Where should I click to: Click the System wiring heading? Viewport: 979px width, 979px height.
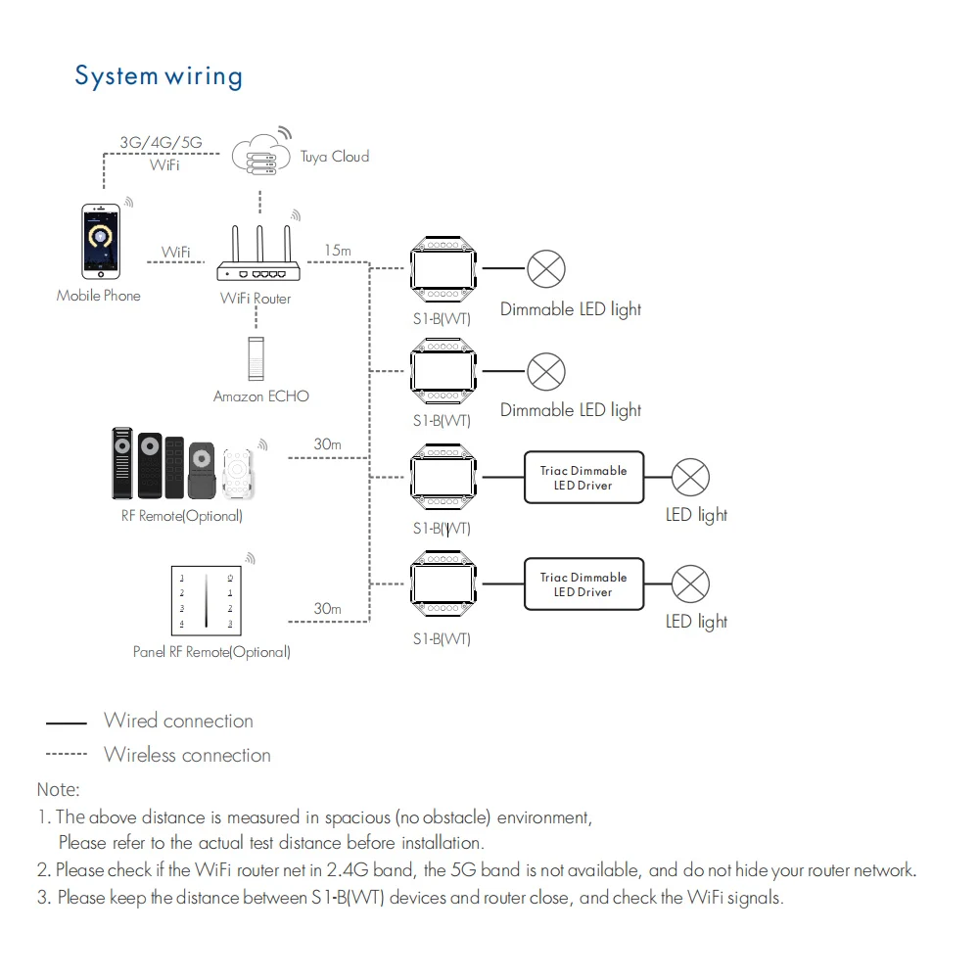159,76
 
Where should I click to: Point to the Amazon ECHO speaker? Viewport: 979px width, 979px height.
256,358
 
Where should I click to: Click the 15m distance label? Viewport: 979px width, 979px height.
337,251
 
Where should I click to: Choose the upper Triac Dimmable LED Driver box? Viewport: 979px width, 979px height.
583,478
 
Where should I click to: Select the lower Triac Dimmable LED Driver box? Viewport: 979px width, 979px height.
583,584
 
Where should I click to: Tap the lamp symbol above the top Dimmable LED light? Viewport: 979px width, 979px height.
546,268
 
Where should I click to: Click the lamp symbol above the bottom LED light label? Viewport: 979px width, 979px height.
690,584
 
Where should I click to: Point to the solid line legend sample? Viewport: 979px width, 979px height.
67,723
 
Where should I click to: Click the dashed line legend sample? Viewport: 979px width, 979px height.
67,755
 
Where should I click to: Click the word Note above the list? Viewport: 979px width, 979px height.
59,789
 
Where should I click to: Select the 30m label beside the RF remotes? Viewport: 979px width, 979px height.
327,444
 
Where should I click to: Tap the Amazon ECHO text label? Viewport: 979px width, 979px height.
261,396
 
